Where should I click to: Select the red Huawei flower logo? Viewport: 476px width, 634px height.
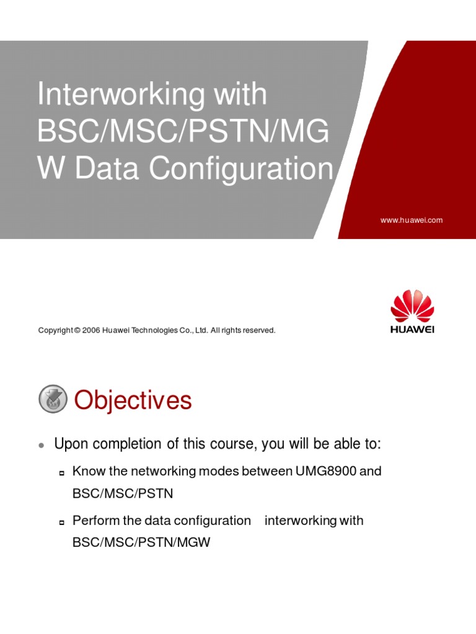point(412,305)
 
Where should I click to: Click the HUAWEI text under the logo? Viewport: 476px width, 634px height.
point(412,329)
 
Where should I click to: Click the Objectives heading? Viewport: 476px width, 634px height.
point(133,401)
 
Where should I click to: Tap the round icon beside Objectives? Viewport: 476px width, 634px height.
point(53,399)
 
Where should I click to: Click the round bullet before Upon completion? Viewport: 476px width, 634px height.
point(41,445)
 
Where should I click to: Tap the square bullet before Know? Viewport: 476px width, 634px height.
point(62,473)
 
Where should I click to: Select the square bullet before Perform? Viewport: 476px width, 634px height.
point(62,522)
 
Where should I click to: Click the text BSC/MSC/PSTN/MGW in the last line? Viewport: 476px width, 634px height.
point(141,542)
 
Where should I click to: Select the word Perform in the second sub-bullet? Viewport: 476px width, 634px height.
point(93,521)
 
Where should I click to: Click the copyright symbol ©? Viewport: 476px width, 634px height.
point(77,331)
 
